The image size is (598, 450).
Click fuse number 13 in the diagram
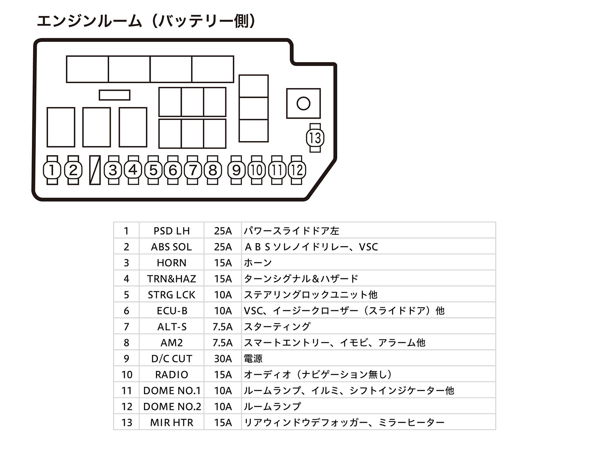click(315, 138)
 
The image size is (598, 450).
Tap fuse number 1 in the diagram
click(52, 170)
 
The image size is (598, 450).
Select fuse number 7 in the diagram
click(193, 170)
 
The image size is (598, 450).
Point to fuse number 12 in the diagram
click(297, 170)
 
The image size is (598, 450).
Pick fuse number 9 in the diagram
click(236, 170)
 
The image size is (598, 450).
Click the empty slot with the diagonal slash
click(95, 170)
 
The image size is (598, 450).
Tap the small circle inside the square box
click(303, 104)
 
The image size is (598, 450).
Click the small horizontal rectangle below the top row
click(114, 95)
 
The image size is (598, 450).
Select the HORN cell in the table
click(172, 263)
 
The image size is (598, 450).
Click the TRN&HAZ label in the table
click(172, 279)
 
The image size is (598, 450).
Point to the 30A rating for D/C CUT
click(223, 359)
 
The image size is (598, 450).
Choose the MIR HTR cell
click(172, 422)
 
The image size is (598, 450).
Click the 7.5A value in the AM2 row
click(222, 343)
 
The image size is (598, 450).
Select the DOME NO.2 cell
click(172, 407)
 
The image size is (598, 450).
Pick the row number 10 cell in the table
click(127, 375)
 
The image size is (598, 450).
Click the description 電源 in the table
click(253, 359)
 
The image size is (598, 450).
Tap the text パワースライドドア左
click(291, 231)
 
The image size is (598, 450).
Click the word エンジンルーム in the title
click(89, 21)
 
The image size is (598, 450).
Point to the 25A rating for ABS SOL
click(223, 247)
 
